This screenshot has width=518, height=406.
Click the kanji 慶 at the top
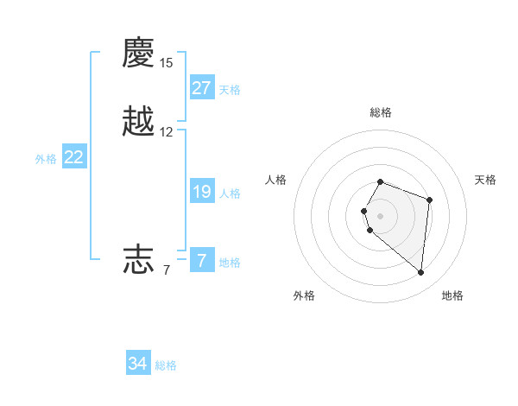pyautogui.click(x=139, y=53)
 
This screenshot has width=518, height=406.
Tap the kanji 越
pyautogui.click(x=139, y=122)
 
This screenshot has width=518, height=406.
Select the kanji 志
pyautogui.click(x=139, y=258)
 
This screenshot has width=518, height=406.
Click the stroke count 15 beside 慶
pyautogui.click(x=166, y=63)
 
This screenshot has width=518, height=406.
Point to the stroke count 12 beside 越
pyautogui.click(x=166, y=132)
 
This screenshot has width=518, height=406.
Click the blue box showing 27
pyautogui.click(x=202, y=88)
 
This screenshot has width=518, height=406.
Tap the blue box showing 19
pyautogui.click(x=202, y=192)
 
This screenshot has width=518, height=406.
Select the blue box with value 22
pyautogui.click(x=74, y=157)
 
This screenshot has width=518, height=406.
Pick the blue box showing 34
pyautogui.click(x=138, y=364)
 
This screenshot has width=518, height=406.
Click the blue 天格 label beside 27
pyautogui.click(x=230, y=90)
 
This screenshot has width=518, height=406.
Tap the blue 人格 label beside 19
pyautogui.click(x=230, y=193)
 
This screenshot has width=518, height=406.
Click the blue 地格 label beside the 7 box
pyautogui.click(x=230, y=263)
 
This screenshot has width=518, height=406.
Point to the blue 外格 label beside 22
pyautogui.click(x=46, y=159)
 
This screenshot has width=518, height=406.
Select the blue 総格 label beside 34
pyautogui.click(x=166, y=365)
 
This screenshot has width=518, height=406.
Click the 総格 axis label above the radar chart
pyautogui.click(x=381, y=112)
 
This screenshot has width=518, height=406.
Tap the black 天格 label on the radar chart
pyautogui.click(x=485, y=180)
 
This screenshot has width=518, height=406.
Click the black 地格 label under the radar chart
pyautogui.click(x=452, y=295)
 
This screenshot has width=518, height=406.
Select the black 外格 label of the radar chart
pyautogui.click(x=304, y=295)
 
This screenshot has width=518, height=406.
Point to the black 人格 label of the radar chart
pyautogui.click(x=276, y=180)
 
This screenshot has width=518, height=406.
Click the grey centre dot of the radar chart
pyautogui.click(x=381, y=215)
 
